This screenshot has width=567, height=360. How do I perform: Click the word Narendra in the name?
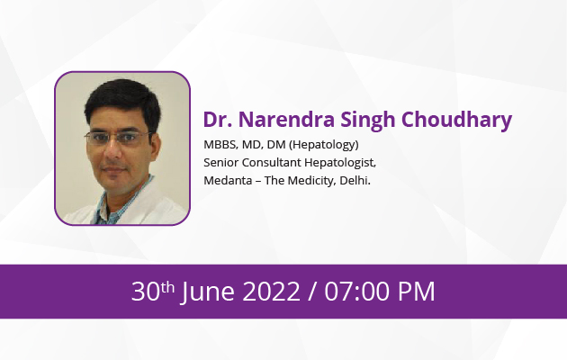click(286, 120)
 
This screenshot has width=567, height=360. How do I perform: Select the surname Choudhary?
click(456, 121)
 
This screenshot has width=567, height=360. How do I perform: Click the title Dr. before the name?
click(217, 120)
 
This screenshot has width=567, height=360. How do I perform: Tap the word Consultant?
click(271, 163)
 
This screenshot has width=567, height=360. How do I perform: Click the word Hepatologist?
click(340, 163)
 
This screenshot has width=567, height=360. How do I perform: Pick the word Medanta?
click(228, 180)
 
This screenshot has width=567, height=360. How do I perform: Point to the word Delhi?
click(355, 180)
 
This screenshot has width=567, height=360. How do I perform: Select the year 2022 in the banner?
click(271, 292)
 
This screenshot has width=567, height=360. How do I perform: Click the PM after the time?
click(416, 292)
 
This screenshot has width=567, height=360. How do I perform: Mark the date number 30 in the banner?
click(146, 292)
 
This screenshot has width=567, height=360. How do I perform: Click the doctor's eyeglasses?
click(118, 138)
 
